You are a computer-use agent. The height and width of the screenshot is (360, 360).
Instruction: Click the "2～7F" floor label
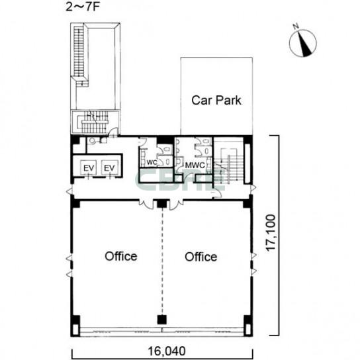pyautogui.click(x=83, y=7)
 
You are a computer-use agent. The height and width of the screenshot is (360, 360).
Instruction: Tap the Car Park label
pyautogui.click(x=216, y=101)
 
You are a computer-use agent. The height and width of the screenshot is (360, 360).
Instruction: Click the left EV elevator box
pyautogui.click(x=89, y=168)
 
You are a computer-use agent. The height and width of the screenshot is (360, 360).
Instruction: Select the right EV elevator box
pyautogui.click(x=109, y=168)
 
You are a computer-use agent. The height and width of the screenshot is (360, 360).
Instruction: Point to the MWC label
pyautogui.click(x=195, y=165)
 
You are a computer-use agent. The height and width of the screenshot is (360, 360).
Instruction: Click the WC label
pyautogui.click(x=152, y=162)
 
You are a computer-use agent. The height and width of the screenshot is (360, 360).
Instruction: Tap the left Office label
pyautogui.click(x=121, y=256)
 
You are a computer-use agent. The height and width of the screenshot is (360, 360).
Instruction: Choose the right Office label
pyautogui.click(x=201, y=257)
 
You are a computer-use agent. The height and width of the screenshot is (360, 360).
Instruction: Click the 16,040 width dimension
pyautogui.click(x=167, y=351)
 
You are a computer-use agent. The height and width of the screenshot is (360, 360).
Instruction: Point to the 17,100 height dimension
pyautogui.click(x=271, y=232)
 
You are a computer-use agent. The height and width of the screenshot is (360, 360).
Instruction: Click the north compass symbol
pyautogui.click(x=303, y=44)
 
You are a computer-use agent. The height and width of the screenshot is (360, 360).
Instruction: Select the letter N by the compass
pyautogui.click(x=296, y=26)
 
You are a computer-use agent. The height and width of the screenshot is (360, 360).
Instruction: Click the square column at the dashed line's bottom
pyautogui.click(x=162, y=320)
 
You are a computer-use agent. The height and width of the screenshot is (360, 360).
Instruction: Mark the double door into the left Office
pyautogui.click(x=146, y=204)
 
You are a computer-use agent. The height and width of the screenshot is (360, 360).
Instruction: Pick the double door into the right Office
pyautogui.click(x=176, y=204)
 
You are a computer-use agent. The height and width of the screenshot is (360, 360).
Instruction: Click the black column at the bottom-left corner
pyautogui.click(x=75, y=326)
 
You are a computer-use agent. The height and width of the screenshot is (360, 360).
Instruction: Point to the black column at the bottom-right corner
pyautogui.click(x=248, y=326)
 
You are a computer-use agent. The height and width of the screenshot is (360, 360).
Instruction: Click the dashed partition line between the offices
pyautogui.click(x=162, y=261)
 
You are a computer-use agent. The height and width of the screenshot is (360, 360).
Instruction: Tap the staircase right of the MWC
pyautogui.click(x=228, y=166)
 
